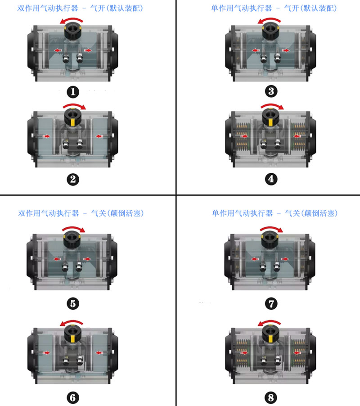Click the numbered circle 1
pyautogui.click(x=73, y=92)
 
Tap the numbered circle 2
pyautogui.click(x=73, y=180)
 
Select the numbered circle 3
pyautogui.click(x=271, y=91)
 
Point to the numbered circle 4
pyautogui.click(x=271, y=179)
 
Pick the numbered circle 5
pyautogui.click(x=73, y=303)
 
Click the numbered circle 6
pyautogui.click(x=73, y=398)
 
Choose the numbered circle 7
pyautogui.click(x=271, y=303)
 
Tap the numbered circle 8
pyautogui.click(x=271, y=398)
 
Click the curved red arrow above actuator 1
pyautogui.click(x=72, y=19)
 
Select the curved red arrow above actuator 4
pyautogui.click(x=272, y=105)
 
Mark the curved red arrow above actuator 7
pyautogui.click(x=272, y=228)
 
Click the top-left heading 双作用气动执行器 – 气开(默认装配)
pyautogui.click(x=80, y=8)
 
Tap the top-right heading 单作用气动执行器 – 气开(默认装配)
pyautogui.click(x=274, y=8)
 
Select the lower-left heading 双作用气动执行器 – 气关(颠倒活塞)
pyautogui.click(x=81, y=213)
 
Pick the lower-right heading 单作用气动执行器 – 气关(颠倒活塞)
pyautogui.click(x=275, y=213)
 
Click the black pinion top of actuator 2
pyautogui.click(x=73, y=117)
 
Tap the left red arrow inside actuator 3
pyautogui.click(x=256, y=50)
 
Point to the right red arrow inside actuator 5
pyautogui.click(x=87, y=259)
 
